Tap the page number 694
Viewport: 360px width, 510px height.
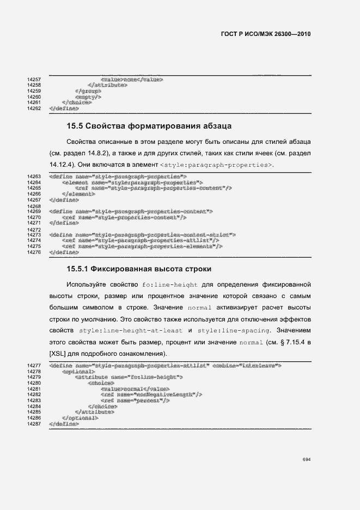tap(307, 459)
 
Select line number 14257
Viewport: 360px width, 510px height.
tap(34, 80)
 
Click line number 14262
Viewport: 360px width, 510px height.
tap(34, 108)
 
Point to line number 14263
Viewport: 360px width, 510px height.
tap(34, 177)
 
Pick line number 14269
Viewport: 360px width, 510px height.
tap(34, 211)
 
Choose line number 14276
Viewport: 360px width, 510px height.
tap(34, 252)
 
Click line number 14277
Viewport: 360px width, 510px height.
tap(34, 365)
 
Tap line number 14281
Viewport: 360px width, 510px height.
tap(34, 388)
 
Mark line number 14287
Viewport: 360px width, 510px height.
tap(34, 423)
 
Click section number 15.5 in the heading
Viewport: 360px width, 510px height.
tap(75, 127)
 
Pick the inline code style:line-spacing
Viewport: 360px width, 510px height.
tap(234, 331)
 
